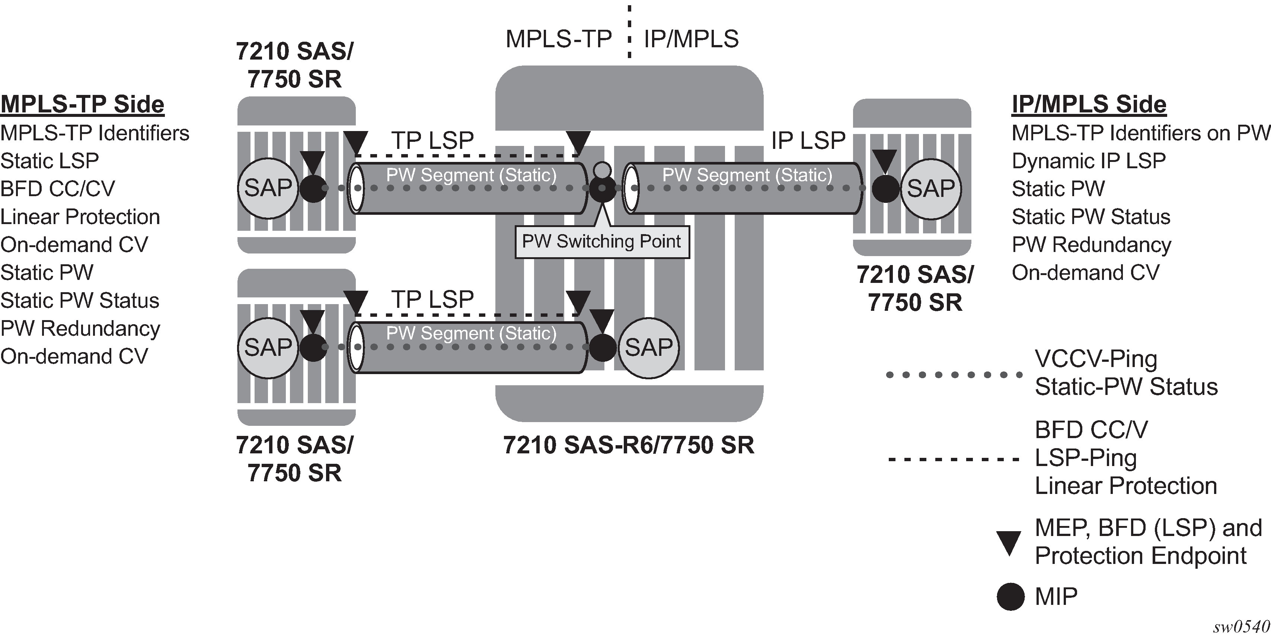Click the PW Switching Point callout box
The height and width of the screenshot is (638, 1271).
tap(602, 242)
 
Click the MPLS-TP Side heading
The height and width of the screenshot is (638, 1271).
tap(82, 104)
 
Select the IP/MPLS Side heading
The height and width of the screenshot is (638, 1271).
tap(1089, 104)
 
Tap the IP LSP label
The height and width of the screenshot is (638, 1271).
tap(808, 141)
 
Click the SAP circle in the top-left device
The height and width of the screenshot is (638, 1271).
tap(268, 188)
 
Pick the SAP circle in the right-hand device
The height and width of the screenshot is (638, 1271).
tap(930, 188)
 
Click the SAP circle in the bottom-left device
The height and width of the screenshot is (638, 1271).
tap(268, 347)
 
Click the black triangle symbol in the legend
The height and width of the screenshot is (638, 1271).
tap(1009, 543)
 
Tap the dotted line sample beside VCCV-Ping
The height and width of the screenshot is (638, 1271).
tap(954, 375)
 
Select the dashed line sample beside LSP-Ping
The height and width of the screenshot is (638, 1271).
tap(953, 460)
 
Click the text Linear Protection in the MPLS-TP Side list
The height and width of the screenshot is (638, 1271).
tap(80, 217)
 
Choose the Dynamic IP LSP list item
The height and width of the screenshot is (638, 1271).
tap(1088, 161)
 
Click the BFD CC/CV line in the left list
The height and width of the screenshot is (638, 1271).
tap(57, 188)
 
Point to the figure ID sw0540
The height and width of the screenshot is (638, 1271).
tap(1240, 627)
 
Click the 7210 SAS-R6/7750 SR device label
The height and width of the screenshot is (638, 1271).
tap(629, 445)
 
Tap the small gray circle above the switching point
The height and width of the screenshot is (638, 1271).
tap(601, 170)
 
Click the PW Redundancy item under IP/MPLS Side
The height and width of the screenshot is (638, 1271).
tap(1091, 245)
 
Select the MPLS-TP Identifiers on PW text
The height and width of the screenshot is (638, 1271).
tap(1141, 133)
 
